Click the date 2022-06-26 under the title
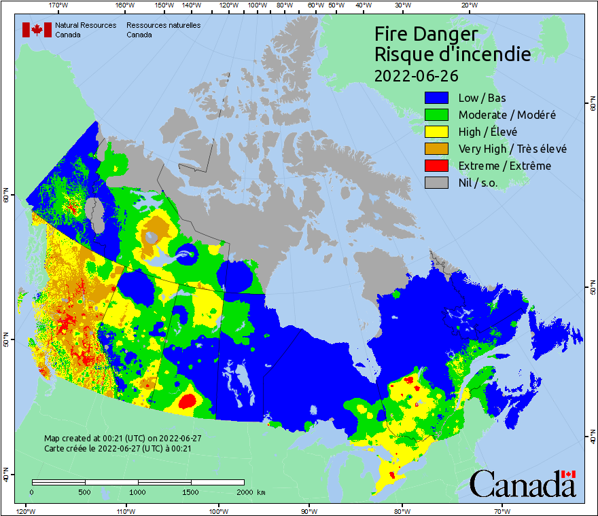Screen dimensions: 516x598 point(417,75)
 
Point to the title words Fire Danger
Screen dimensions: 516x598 point(426,34)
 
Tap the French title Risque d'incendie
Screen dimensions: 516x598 point(453,54)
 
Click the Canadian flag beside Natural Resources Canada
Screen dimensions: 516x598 point(37,30)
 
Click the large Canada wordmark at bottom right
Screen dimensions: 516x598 point(523,484)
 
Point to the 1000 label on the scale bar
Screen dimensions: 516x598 point(138,492)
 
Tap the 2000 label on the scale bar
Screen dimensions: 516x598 point(244,492)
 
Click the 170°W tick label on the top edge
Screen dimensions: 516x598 point(59,5)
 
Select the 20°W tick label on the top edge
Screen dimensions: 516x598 point(468,5)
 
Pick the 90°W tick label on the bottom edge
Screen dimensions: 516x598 point(309,511)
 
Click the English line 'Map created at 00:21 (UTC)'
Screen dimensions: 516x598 point(122,439)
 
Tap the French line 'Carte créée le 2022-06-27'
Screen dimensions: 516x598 point(118,448)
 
